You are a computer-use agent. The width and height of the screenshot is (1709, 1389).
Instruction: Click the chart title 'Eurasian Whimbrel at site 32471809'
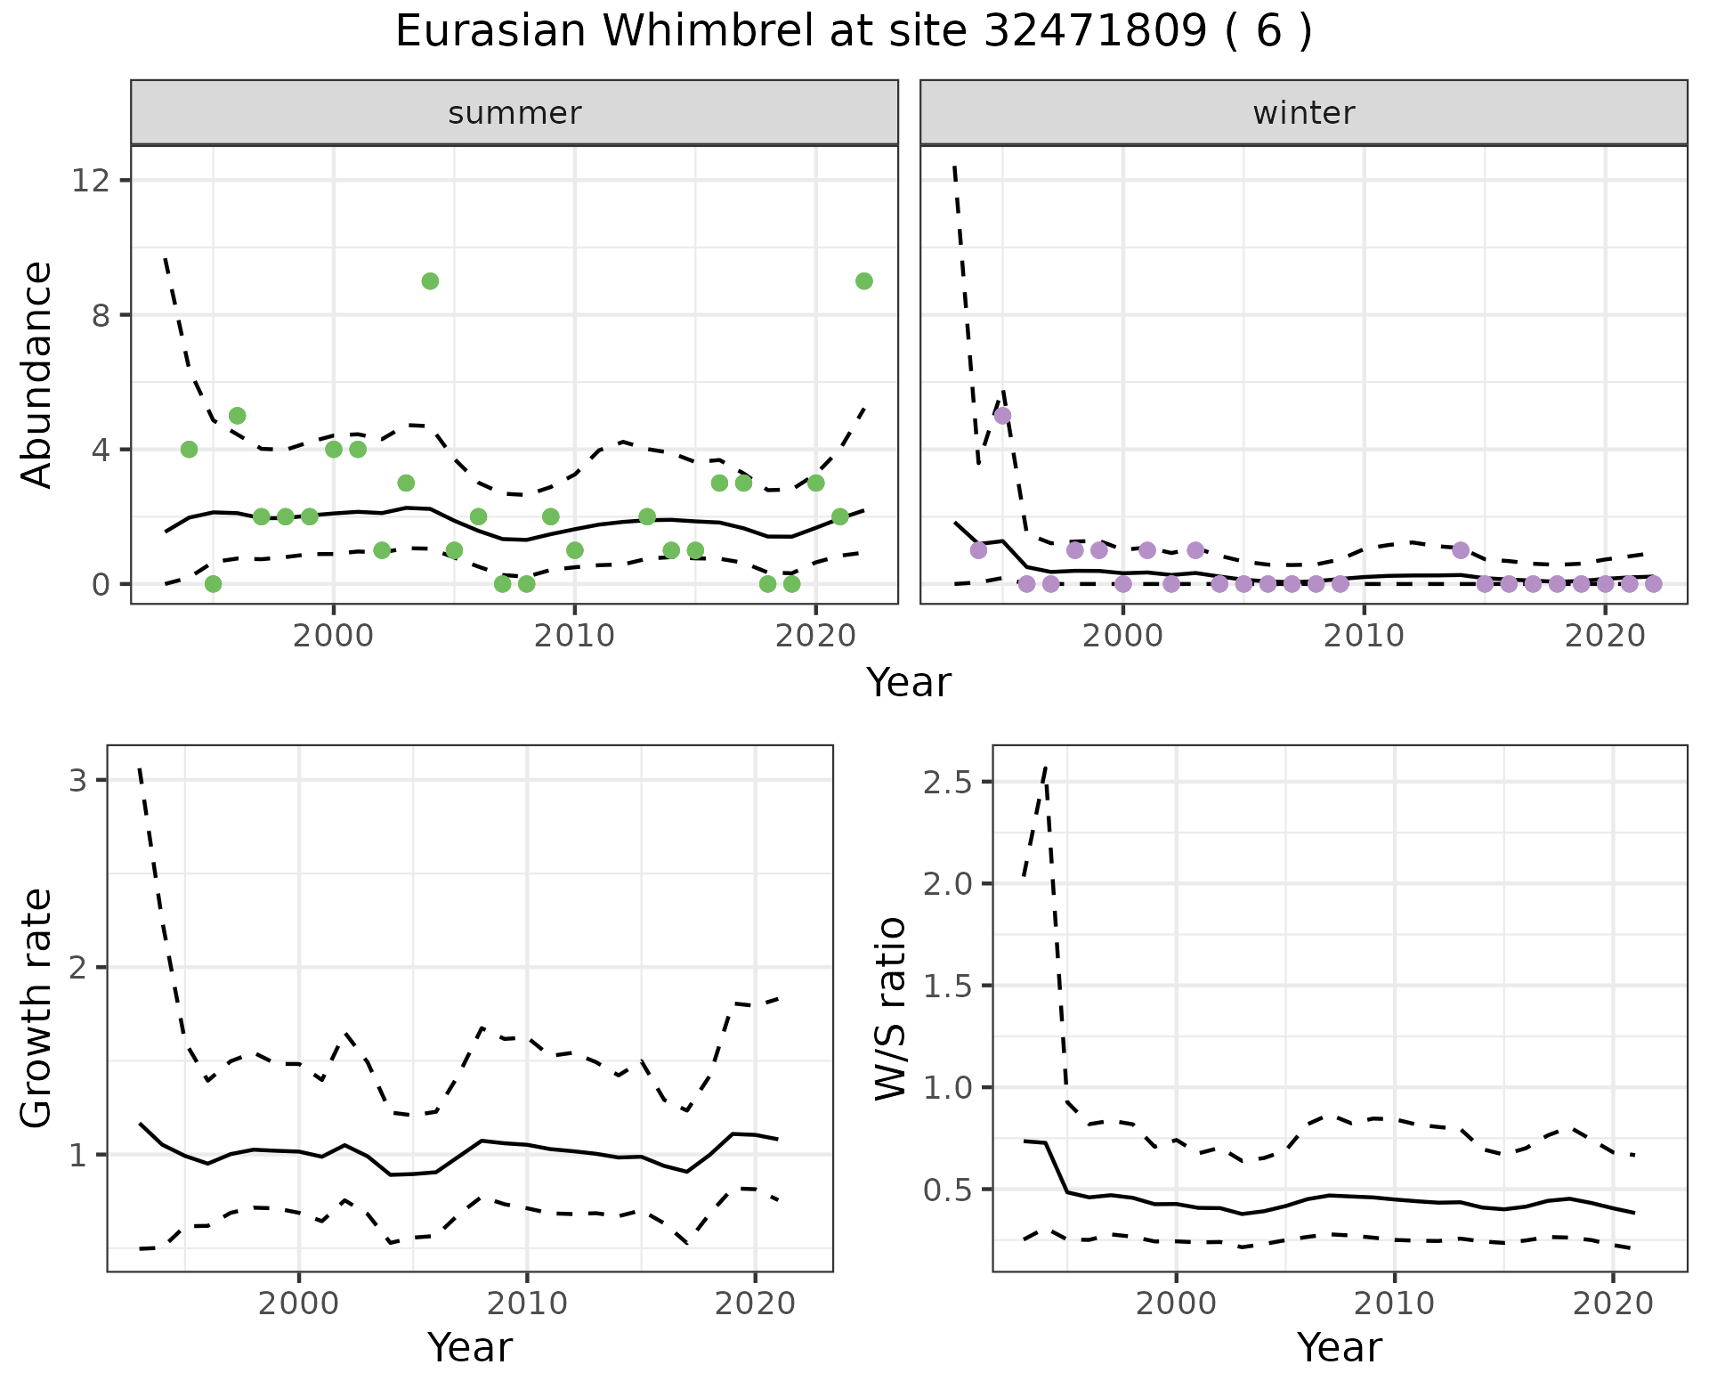[853, 32]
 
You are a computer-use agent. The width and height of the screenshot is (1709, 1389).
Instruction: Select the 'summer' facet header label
[514, 113]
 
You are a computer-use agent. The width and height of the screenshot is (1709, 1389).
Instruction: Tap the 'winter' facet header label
[1303, 113]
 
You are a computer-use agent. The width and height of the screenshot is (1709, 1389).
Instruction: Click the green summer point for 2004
[430, 281]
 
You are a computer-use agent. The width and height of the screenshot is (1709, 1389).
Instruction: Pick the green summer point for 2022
[863, 281]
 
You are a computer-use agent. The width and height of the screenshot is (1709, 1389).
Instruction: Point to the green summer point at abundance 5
[237, 416]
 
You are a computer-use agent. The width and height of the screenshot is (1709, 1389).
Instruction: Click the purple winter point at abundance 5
[1002, 416]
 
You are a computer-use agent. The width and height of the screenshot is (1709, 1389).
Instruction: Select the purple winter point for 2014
[1461, 550]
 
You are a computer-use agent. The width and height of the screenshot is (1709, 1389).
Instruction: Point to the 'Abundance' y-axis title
[37, 375]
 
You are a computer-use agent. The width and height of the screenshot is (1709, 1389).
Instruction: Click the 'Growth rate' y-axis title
[37, 1009]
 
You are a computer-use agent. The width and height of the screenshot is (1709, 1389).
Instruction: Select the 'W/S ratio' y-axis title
[890, 1009]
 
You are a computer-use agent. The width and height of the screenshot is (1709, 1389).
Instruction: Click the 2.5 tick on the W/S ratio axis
[946, 782]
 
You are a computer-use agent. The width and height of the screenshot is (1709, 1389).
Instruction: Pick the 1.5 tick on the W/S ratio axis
[946, 986]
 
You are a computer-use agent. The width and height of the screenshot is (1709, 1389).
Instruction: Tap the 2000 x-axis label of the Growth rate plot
[299, 1304]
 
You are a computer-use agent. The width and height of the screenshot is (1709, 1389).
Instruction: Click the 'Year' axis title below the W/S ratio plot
[1339, 1348]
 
